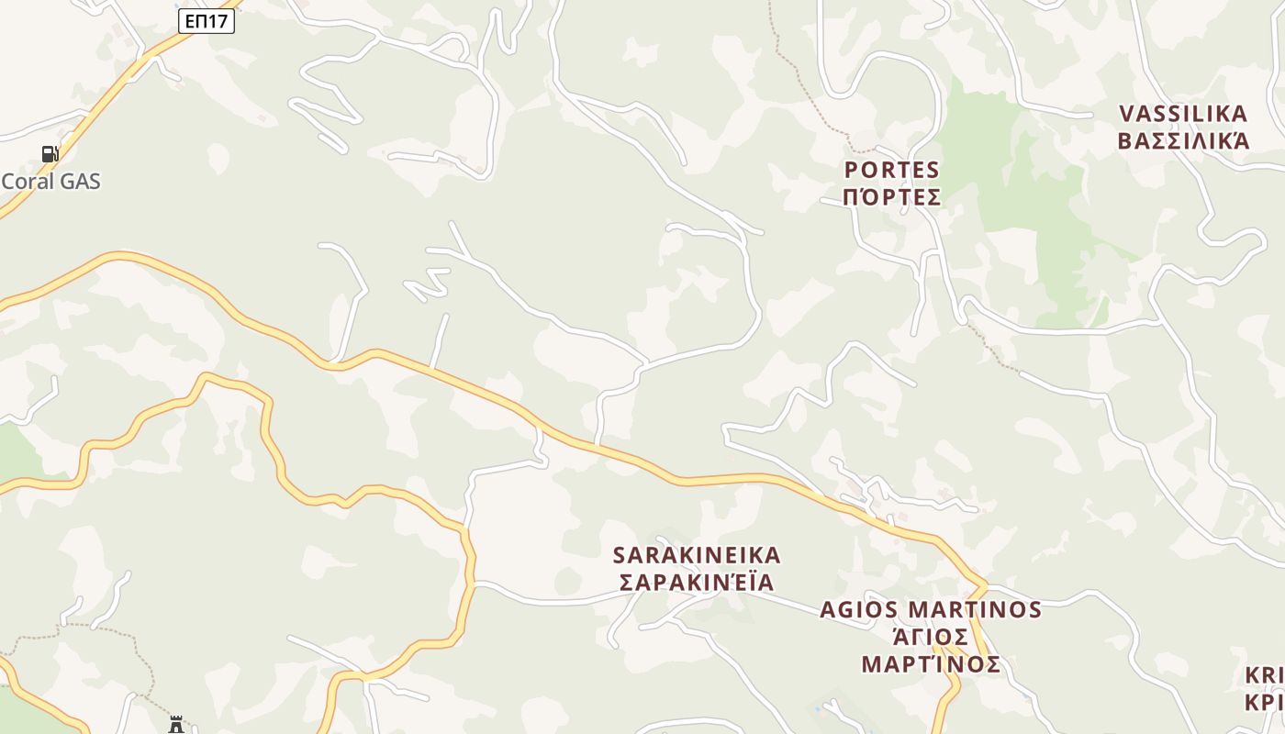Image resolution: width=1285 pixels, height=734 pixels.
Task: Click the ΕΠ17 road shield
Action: coord(207,20)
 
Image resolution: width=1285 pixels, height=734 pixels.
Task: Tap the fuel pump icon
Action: coord(50,153)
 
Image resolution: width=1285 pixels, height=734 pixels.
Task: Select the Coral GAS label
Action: coord(50,181)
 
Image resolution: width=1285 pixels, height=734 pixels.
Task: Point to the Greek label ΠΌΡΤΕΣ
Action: coord(892,197)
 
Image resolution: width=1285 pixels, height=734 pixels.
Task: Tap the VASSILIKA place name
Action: coord(1183,114)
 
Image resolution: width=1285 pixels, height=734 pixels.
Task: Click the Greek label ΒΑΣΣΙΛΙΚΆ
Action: coord(1183,140)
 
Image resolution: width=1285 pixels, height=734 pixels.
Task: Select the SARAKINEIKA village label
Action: coord(697,555)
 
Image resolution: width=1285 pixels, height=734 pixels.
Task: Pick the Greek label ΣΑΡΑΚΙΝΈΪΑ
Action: coord(697,583)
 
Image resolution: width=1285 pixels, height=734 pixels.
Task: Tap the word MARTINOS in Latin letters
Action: coord(975,610)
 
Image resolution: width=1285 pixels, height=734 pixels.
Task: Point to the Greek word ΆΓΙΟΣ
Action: coord(931,637)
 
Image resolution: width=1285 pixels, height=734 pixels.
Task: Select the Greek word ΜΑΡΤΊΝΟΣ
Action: coord(931,664)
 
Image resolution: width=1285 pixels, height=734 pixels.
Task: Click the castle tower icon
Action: coord(175,725)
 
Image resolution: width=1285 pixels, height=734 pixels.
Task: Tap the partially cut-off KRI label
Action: coord(1264,676)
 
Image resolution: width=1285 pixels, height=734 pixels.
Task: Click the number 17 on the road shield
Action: coord(217,20)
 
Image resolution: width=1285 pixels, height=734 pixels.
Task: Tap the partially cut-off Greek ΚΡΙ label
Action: coord(1264,703)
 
